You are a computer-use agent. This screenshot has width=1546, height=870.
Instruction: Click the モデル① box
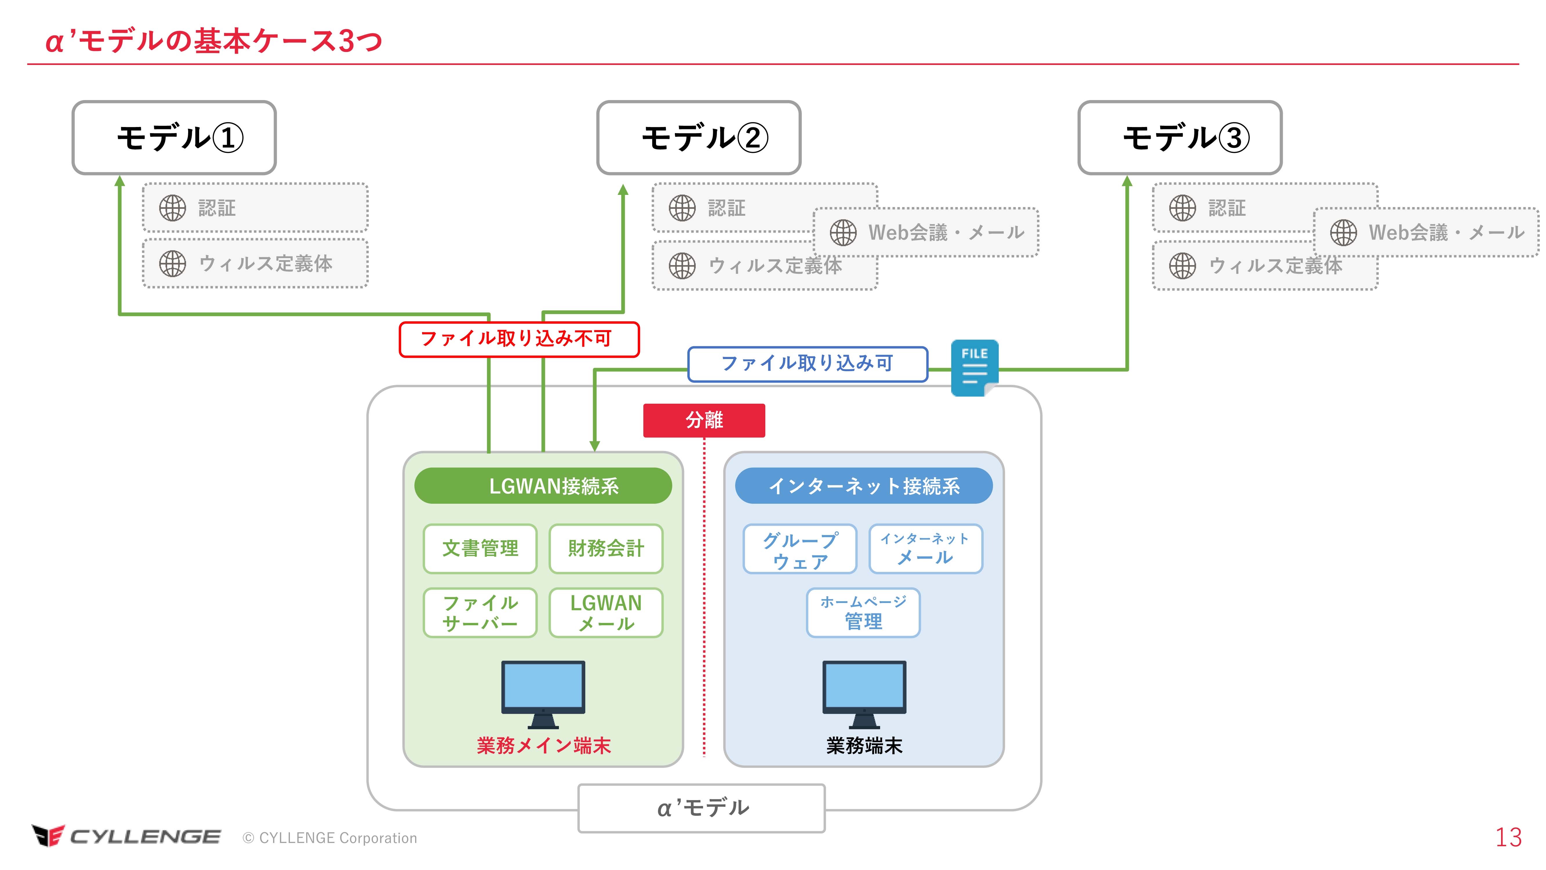pyautogui.click(x=174, y=137)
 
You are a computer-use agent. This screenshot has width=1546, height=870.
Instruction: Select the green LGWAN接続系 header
pyautogui.click(x=543, y=486)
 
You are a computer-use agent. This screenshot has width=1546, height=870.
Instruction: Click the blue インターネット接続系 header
pyautogui.click(x=864, y=486)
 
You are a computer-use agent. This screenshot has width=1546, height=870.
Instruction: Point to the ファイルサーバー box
pyautogui.click(x=480, y=612)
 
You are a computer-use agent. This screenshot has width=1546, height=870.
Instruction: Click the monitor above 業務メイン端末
pyautogui.click(x=543, y=693)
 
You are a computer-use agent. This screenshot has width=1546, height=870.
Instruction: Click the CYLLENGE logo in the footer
pyautogui.click(x=126, y=836)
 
